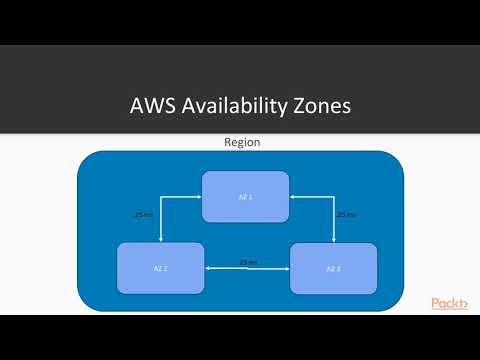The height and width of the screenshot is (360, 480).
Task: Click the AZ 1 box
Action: pos(245,196)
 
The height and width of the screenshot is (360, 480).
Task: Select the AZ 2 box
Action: pos(160,268)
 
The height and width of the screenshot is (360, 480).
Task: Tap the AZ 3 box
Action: pos(333,268)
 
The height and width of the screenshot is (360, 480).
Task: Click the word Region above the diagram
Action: pos(241,142)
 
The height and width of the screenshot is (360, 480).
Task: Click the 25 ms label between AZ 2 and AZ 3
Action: pos(247,262)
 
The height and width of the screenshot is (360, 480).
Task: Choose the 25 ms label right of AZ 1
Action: pos(347,214)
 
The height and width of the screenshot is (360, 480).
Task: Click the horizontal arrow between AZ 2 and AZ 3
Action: pos(247,269)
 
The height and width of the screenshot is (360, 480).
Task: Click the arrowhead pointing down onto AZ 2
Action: pos(160,239)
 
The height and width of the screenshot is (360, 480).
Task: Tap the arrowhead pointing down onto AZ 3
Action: pos(333,239)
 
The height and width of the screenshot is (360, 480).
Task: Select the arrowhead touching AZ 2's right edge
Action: pos(208,269)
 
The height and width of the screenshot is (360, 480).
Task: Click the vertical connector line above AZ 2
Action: pos(160,220)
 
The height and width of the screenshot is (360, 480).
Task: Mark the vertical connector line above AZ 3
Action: pos(333,220)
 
